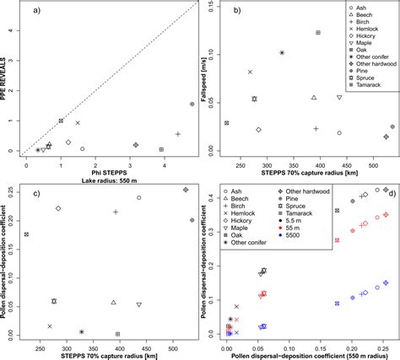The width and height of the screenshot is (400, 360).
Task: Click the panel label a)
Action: [35, 11]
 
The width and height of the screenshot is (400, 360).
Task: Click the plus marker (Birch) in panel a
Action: [177, 134]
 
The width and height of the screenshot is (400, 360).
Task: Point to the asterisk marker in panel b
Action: [282, 53]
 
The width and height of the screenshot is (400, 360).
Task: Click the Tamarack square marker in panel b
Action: [318, 33]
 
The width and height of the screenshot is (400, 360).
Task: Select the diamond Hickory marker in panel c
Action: [58, 208]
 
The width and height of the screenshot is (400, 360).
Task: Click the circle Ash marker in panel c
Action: [139, 198]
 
